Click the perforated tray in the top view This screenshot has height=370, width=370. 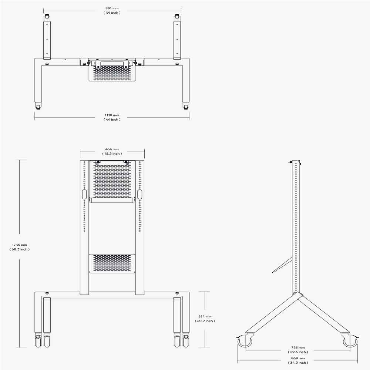(x=112, y=73)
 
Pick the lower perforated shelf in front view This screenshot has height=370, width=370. (x=112, y=263)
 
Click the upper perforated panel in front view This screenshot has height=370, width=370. (x=112, y=181)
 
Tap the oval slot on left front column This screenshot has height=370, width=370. (x=84, y=195)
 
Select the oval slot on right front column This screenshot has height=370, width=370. (x=140, y=195)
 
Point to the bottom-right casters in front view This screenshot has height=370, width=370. (x=181, y=340)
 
